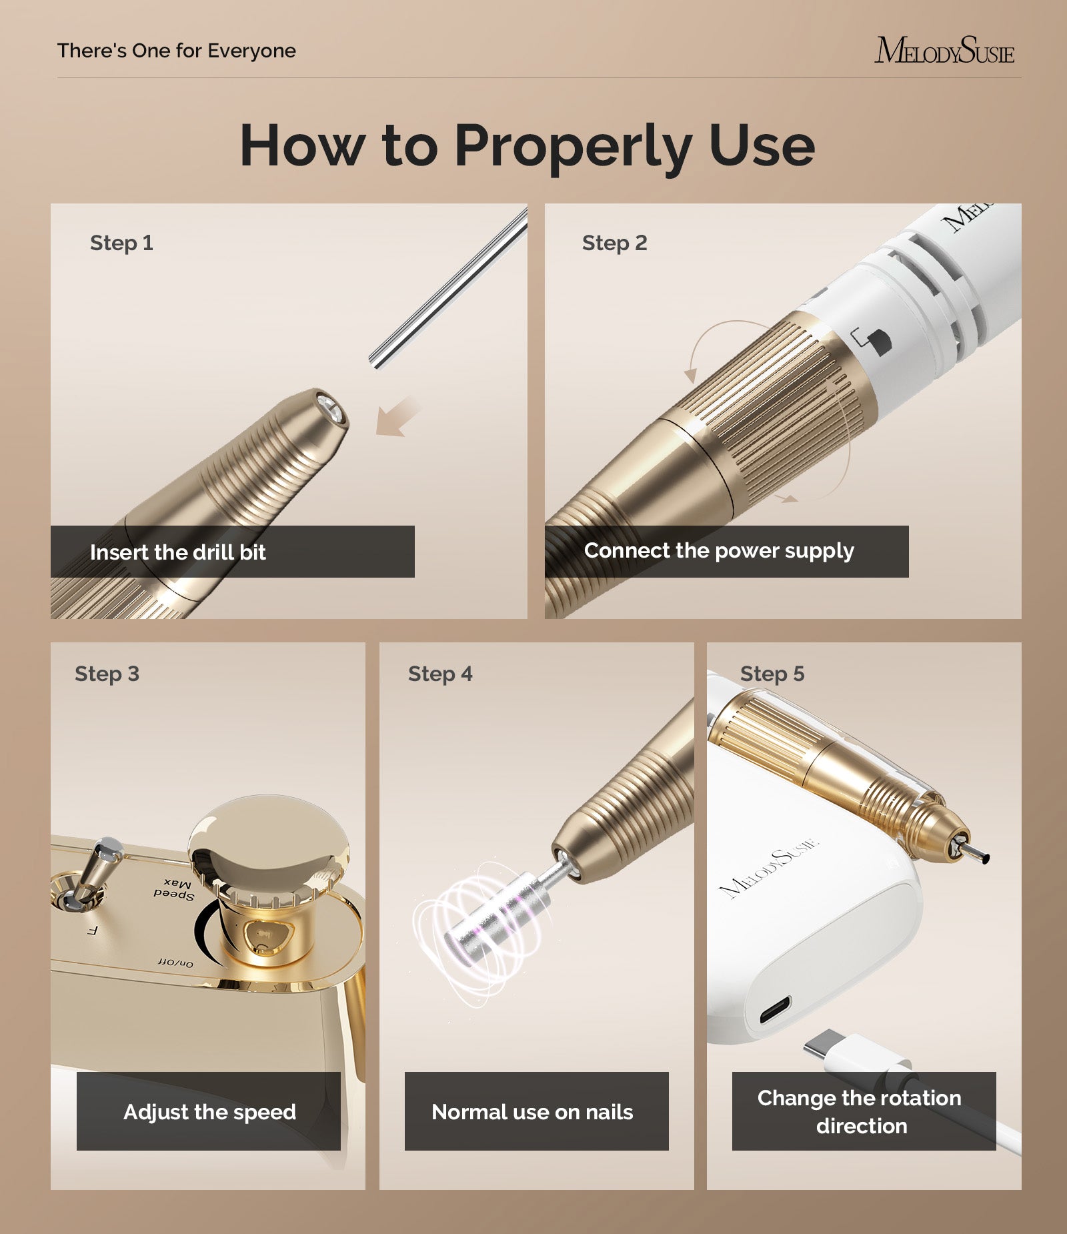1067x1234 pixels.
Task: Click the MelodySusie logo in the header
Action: (x=944, y=51)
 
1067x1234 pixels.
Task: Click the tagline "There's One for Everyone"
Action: (x=176, y=51)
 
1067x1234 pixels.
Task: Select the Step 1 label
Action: (x=121, y=243)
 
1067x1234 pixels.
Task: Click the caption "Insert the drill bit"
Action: (x=177, y=552)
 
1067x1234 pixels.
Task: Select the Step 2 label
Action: (x=614, y=243)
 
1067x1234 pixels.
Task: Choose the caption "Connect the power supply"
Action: (x=718, y=551)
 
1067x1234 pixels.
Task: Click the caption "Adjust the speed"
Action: (x=209, y=1112)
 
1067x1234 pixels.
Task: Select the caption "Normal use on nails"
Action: (x=532, y=1112)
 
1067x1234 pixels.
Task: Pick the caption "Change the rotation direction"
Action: (x=860, y=1112)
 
